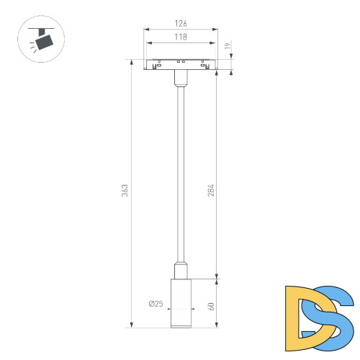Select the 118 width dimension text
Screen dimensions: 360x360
pyautogui.click(x=181, y=37)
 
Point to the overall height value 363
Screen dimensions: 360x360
pyautogui.click(x=125, y=191)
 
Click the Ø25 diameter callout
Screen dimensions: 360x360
pyautogui.click(x=156, y=305)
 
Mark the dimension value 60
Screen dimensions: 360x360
pyautogui.click(x=212, y=305)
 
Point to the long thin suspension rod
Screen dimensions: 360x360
pyautogui.click(x=181, y=173)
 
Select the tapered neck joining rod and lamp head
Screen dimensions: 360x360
pyautogui.click(x=181, y=271)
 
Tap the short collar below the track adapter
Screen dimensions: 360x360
pyautogui.click(x=181, y=78)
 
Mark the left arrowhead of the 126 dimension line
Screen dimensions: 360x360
pyautogui.click(x=147, y=30)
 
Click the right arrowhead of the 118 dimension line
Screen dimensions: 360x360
pyautogui.click(x=214, y=42)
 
